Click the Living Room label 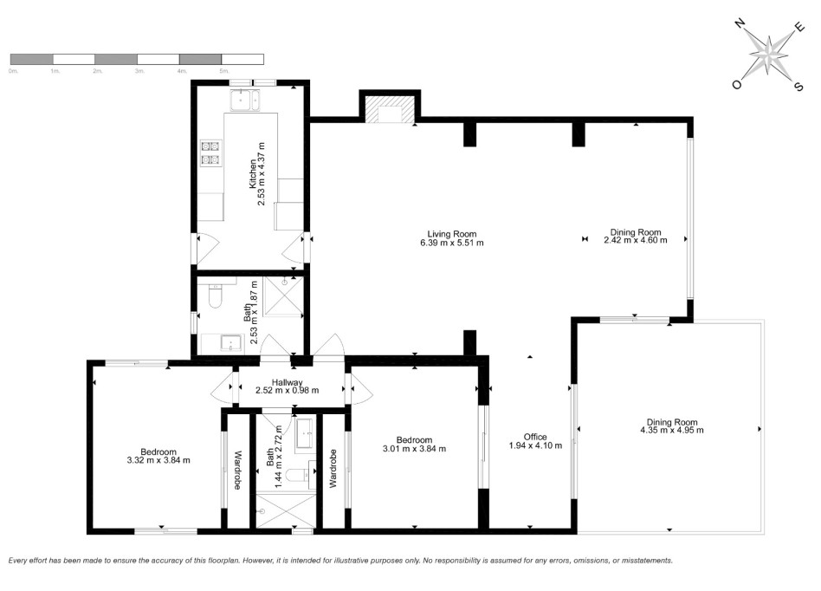pos(452,232)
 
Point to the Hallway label pos(287,381)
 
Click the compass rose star pos(767,54)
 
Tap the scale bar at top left pos(137,59)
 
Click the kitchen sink pos(243,101)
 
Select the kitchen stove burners pos(210,152)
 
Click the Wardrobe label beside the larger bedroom pos(235,471)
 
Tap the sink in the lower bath pos(306,433)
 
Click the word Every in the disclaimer pos(20,561)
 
